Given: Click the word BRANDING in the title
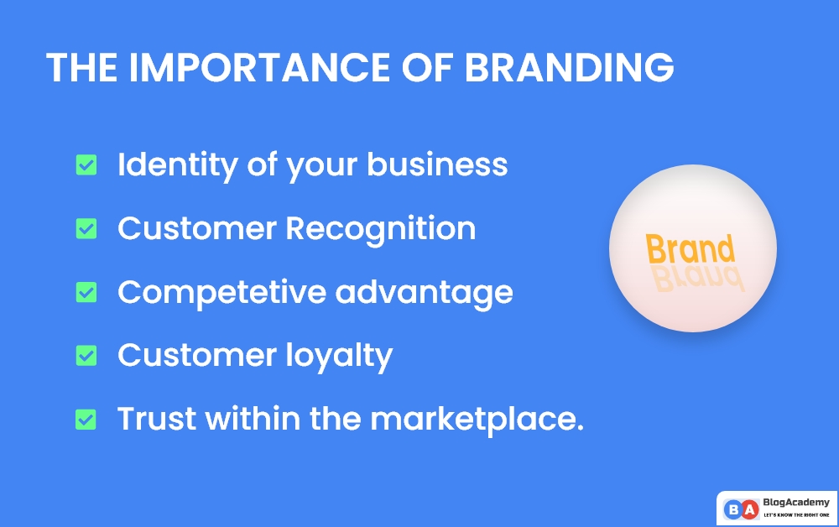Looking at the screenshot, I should [569, 68].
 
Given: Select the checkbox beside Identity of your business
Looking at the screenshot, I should [86, 164].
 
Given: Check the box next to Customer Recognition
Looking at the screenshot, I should [86, 228].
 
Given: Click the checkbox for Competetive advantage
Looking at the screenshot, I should [86, 292].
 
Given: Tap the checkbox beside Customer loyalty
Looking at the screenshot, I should [86, 355].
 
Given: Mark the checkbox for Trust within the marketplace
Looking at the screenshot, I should [86, 419].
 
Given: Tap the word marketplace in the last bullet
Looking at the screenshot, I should [477, 419].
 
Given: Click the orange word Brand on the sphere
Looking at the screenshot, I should [690, 249].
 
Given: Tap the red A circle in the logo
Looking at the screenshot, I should [748, 509].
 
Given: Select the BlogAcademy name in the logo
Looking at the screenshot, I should [796, 502].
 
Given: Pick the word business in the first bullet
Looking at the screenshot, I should [437, 164].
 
